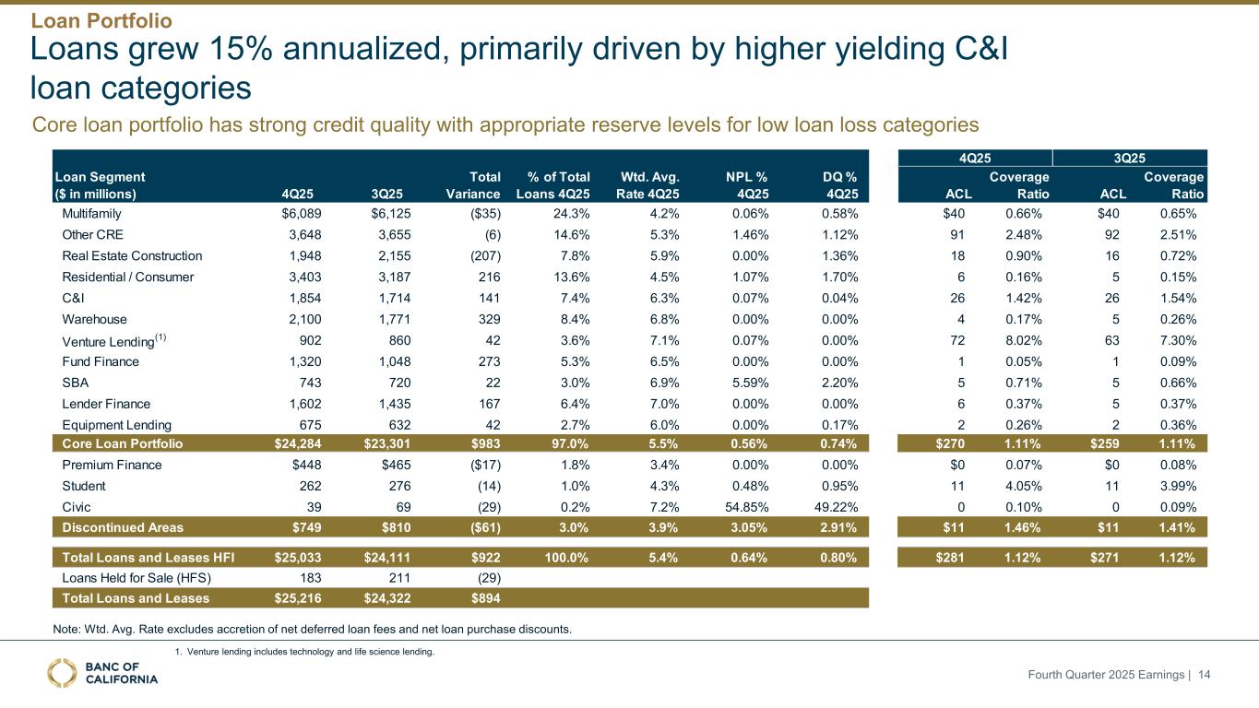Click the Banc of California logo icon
coord(63,673)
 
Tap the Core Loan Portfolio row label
coord(122,443)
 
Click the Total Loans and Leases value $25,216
coord(295,598)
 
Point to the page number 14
coord(1204,676)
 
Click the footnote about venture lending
coord(303,652)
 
